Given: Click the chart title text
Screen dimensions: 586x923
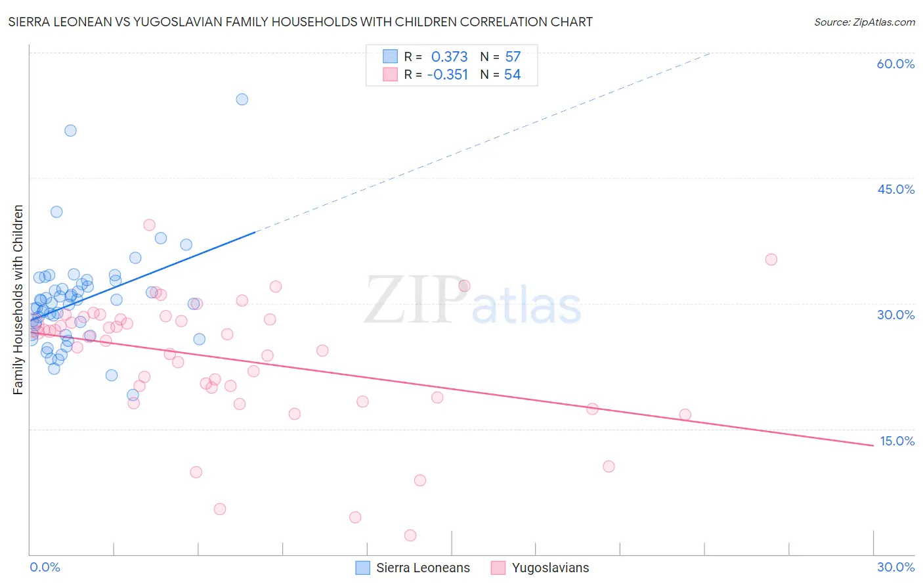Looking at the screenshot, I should (300, 22).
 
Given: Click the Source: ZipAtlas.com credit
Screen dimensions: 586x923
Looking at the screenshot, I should (864, 22).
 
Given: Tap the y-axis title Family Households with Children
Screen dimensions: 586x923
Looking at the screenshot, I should (18, 300).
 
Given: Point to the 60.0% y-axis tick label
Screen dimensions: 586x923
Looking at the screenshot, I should (895, 64).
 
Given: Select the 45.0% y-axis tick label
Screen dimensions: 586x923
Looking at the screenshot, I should (895, 189).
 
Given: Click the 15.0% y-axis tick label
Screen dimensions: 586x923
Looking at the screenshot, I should (897, 441).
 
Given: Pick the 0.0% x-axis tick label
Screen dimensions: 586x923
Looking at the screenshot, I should (45, 567).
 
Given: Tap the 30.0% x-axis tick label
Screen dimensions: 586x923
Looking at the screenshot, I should (895, 567).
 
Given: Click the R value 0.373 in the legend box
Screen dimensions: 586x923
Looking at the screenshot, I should (449, 56).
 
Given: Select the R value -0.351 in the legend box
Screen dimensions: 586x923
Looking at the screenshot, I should (447, 74).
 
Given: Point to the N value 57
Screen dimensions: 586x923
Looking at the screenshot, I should (513, 56).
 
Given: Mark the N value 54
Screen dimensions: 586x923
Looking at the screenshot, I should (512, 74).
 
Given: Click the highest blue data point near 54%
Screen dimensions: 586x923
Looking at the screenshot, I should (242, 99).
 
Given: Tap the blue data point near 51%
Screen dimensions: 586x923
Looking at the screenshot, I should (70, 130).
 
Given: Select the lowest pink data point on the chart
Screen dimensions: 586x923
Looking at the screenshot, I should (410, 535).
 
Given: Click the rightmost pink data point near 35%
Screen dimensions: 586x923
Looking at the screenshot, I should (771, 259).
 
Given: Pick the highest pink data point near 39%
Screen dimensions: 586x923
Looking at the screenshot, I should (149, 225).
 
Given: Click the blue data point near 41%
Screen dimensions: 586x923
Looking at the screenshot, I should (56, 212).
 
